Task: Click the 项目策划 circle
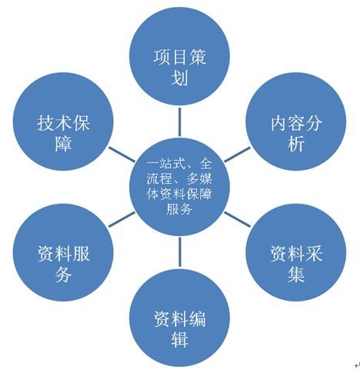pos(179,57)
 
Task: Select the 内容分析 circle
pos(296,122)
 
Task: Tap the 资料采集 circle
pos(296,253)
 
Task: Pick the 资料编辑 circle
pos(179,318)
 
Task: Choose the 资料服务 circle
pos(63,253)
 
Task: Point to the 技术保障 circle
pos(63,122)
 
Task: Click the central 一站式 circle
pos(179,187)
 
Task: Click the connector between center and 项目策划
pos(179,122)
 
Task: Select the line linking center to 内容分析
pos(237,155)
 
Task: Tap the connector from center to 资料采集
pos(237,219)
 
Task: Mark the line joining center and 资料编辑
pos(179,252)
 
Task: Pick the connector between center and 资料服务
pos(122,219)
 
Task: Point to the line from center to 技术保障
pos(122,155)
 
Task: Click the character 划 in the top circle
pos(179,78)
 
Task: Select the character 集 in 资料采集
pos(296,274)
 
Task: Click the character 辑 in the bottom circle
pos(179,339)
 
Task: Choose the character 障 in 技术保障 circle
pos(63,143)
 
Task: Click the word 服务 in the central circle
pos(179,209)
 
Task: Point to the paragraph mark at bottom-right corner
pos(357,365)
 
